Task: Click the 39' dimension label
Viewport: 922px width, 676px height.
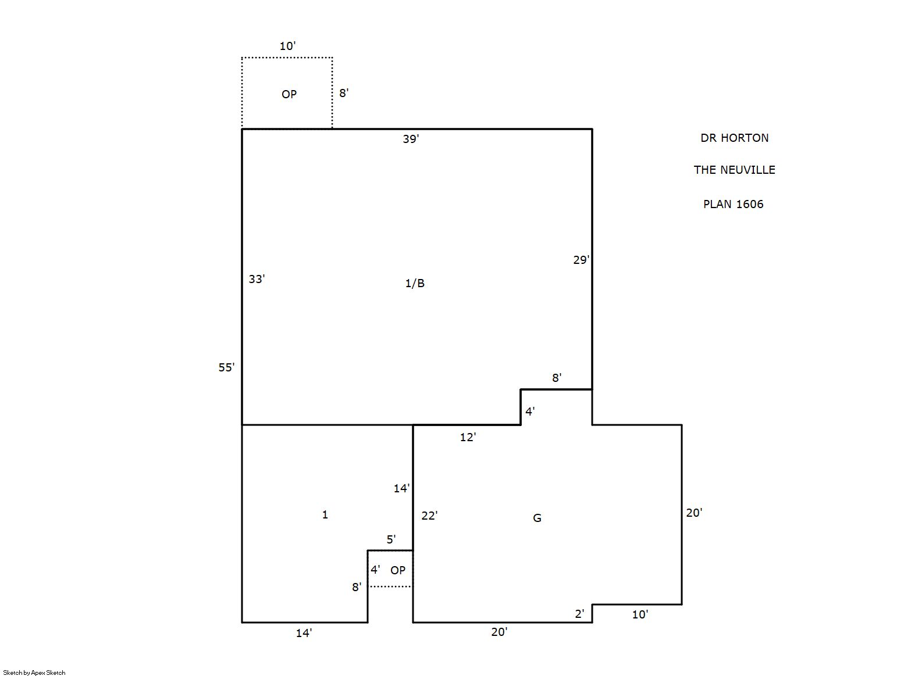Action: pos(410,139)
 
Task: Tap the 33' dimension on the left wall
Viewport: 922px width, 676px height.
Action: pos(257,279)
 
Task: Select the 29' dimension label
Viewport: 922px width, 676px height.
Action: pos(581,260)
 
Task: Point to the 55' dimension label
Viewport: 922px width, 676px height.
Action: pos(226,367)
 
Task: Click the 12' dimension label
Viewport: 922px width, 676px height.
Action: pos(468,438)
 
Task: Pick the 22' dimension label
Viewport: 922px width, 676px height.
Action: pos(429,516)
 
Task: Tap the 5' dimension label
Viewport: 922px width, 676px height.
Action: pos(391,539)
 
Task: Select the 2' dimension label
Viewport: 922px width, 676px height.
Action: pos(579,614)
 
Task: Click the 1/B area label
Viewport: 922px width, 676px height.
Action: pos(415,283)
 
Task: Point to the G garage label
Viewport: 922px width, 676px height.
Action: pos(537,518)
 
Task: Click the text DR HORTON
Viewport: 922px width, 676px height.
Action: pos(734,138)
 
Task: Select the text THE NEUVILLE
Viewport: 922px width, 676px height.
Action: pos(734,170)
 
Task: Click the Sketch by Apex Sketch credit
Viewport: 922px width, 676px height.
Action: pos(34,673)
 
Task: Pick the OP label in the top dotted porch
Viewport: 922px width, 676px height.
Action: pos(289,95)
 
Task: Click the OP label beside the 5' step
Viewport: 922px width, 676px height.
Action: pos(398,570)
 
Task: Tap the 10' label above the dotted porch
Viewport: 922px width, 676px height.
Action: pos(287,46)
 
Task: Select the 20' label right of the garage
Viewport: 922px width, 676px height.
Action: pos(694,513)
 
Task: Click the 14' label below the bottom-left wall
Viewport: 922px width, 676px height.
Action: pos(304,633)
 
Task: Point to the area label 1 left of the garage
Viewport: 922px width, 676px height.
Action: pos(325,515)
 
